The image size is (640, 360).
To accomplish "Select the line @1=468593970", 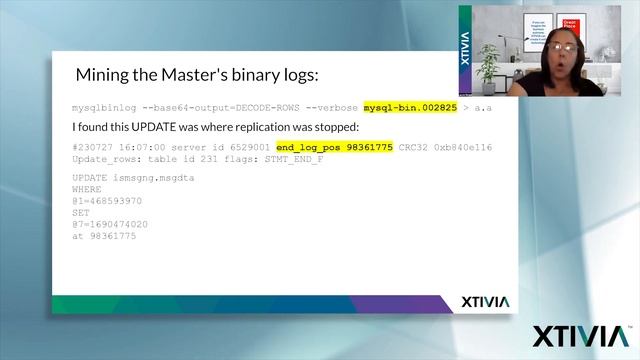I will (108, 200).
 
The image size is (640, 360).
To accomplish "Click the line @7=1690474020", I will (110, 224).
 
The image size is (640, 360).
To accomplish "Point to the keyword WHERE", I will (87, 188).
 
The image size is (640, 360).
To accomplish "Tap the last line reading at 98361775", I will (104, 235).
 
